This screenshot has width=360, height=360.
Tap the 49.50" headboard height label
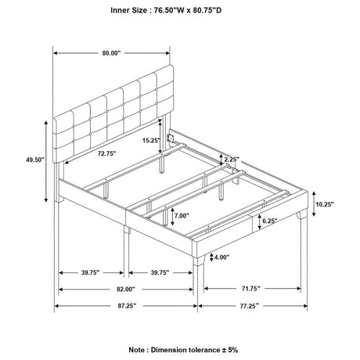click(x=35, y=160)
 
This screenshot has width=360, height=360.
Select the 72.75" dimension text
click(x=106, y=153)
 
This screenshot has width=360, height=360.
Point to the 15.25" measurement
click(x=151, y=140)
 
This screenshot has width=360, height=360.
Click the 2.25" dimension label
click(x=232, y=160)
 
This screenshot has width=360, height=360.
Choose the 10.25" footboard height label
click(x=325, y=204)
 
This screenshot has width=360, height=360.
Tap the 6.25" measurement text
click(x=270, y=221)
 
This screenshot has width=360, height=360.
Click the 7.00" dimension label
click(x=182, y=215)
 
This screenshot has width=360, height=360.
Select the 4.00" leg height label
click(x=221, y=257)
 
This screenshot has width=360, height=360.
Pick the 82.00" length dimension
click(x=126, y=289)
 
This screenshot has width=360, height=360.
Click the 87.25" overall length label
click(x=127, y=306)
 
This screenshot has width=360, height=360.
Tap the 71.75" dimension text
click(x=251, y=288)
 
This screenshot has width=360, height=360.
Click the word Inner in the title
click(x=119, y=10)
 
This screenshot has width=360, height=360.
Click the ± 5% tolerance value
click(x=229, y=350)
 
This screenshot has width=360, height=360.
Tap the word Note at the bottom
click(x=137, y=350)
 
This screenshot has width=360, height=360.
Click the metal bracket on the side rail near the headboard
click(x=171, y=138)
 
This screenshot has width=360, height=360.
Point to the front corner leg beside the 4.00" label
click(x=200, y=260)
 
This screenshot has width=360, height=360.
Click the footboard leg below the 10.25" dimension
click(x=303, y=214)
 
